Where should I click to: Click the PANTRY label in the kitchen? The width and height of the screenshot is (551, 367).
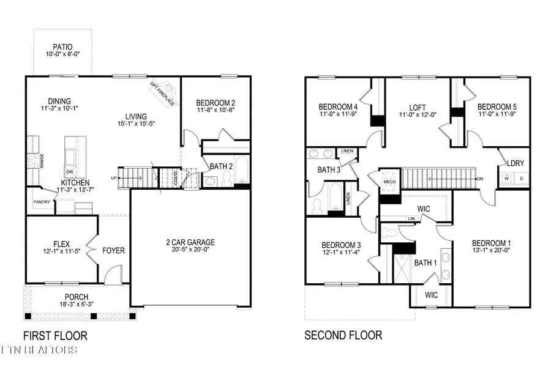point(42,202)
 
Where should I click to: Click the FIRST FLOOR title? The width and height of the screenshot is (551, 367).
point(55,335)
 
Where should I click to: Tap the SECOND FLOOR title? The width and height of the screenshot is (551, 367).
point(343,335)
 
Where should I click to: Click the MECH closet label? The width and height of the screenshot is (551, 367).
point(388,182)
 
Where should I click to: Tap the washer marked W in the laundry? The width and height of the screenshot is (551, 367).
point(506,179)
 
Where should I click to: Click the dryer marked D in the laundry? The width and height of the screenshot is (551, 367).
point(521,179)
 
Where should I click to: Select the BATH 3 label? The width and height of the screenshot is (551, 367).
point(329,169)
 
